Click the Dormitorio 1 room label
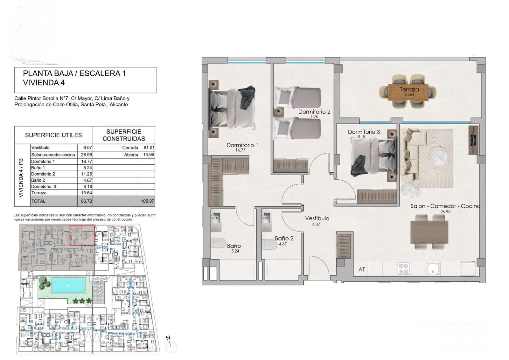[242, 145]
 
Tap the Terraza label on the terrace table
[409, 90]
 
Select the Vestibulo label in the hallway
[317, 218]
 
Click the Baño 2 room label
[284, 238]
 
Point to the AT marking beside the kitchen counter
[362, 269]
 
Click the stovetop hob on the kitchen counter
[404, 269]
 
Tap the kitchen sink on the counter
[433, 269]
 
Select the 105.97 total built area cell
[147, 201]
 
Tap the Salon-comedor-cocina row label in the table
[53, 155]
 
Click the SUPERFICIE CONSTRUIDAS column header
[124, 135]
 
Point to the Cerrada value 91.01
[149, 148]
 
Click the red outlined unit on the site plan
[82, 236]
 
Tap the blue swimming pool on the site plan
[68, 285]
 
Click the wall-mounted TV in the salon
[473, 140]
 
